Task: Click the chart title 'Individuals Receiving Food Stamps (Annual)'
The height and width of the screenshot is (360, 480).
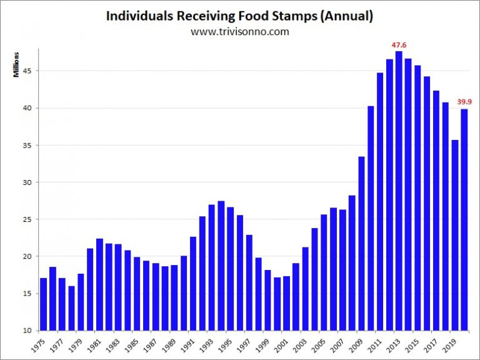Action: (x=240, y=16)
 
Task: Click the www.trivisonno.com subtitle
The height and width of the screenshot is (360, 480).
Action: (x=240, y=31)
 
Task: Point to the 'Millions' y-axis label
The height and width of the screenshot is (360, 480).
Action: (x=17, y=65)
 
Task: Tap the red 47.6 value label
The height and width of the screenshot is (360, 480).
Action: (x=399, y=45)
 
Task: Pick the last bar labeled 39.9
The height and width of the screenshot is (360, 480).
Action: (x=464, y=219)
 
